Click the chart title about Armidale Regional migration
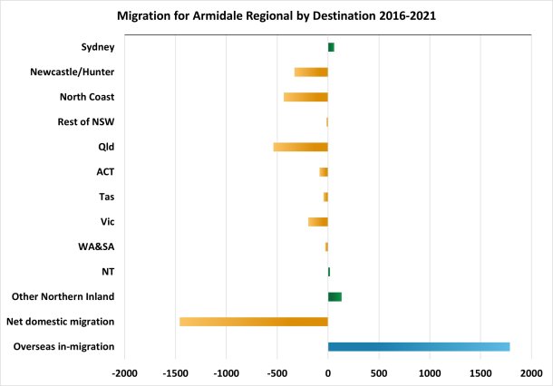(x=276, y=16)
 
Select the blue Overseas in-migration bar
(x=419, y=346)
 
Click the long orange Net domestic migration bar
(x=254, y=321)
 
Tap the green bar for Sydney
(x=331, y=47)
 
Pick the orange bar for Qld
(x=301, y=147)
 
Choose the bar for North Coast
(x=306, y=97)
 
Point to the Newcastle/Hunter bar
(x=311, y=72)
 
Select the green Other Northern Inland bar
(x=335, y=296)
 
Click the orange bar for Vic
(x=318, y=221)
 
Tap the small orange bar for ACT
(x=324, y=171)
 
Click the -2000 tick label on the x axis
(x=124, y=372)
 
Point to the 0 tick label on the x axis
(x=328, y=372)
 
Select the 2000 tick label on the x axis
(x=531, y=372)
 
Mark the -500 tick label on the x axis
(x=276, y=372)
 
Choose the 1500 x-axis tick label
(x=480, y=372)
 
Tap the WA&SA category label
(x=96, y=246)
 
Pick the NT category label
(x=107, y=271)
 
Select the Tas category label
(x=105, y=197)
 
